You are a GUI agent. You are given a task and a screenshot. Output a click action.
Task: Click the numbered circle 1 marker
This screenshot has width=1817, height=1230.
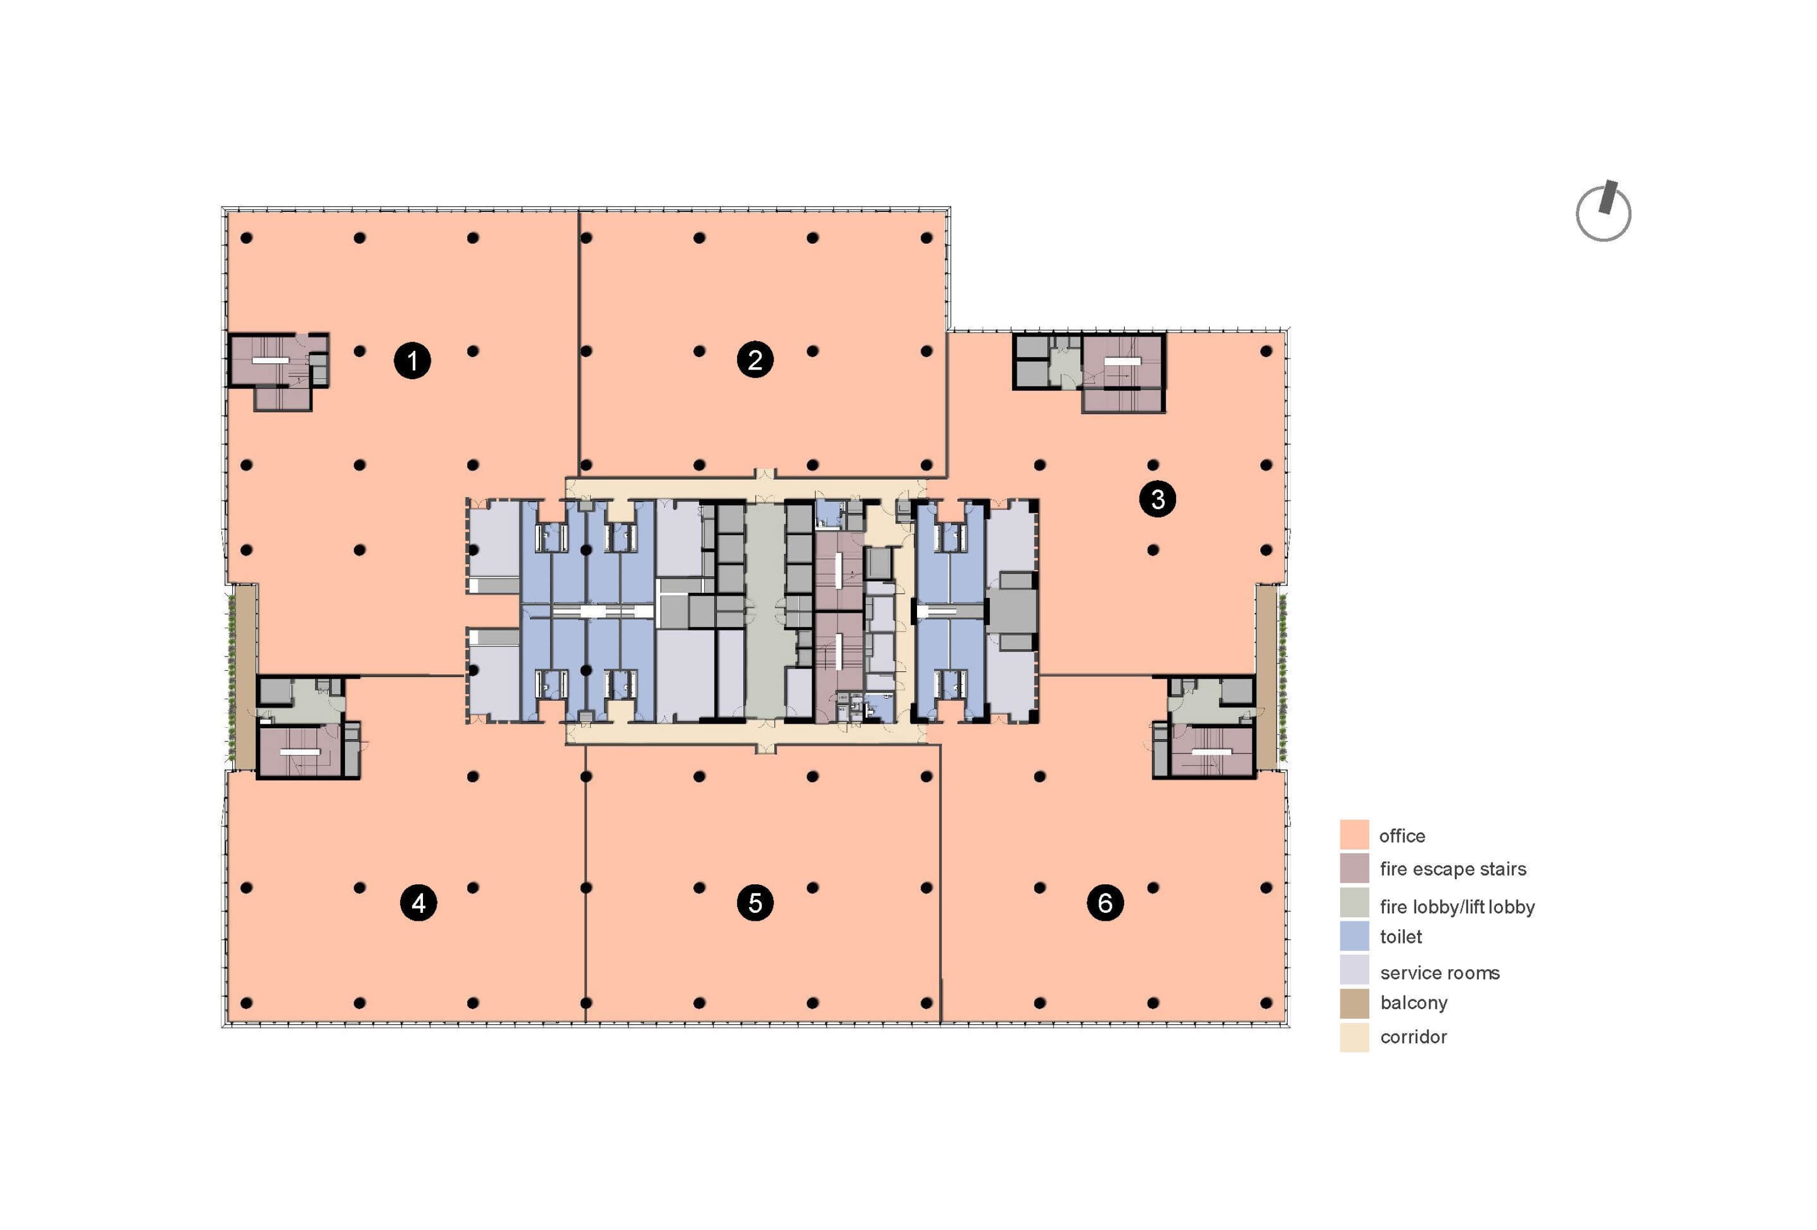412,360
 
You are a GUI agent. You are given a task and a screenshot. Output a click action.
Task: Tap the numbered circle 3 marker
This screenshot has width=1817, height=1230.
1157,499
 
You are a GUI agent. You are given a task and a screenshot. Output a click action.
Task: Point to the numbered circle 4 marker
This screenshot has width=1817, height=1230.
418,903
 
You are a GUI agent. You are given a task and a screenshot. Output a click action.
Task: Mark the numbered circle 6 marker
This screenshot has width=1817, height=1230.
1105,903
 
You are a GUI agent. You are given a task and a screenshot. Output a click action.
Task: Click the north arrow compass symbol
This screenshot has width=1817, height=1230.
1603,211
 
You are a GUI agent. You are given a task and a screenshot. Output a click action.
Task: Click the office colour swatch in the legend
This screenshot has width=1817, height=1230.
1354,834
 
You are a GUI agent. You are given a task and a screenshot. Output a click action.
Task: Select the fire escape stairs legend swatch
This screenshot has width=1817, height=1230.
1354,868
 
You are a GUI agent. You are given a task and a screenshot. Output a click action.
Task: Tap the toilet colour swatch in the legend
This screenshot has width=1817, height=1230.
1354,936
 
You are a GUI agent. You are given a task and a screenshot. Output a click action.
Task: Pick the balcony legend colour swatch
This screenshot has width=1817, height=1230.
1354,1003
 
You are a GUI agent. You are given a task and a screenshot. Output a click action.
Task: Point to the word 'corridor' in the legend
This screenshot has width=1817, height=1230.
1413,1037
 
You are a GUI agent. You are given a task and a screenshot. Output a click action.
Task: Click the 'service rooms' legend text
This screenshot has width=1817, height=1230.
1440,973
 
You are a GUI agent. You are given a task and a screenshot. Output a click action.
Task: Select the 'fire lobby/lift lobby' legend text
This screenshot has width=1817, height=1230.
1457,907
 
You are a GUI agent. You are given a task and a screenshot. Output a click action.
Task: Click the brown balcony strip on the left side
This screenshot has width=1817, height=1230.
245,677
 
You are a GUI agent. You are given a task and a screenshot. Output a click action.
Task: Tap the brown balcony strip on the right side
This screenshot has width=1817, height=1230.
1266,677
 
